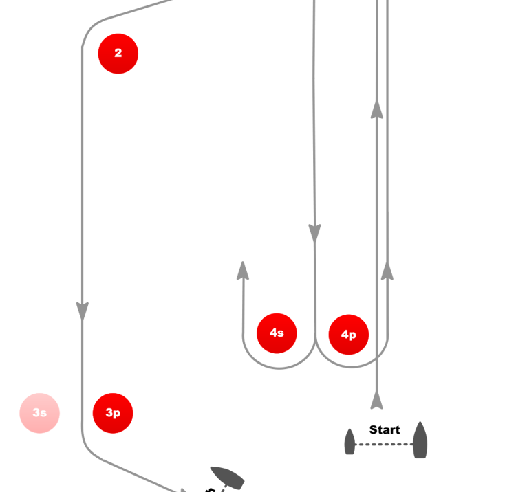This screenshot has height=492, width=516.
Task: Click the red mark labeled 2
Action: tap(118, 53)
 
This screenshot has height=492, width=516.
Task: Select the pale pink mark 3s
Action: tap(40, 413)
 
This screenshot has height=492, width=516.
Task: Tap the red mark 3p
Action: tap(113, 413)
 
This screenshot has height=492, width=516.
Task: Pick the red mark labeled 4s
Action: tap(277, 333)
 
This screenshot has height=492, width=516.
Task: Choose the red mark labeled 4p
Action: tap(349, 335)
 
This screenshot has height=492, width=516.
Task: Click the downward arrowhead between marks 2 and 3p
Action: tap(83, 311)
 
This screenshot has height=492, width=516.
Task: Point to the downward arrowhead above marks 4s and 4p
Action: tap(314, 234)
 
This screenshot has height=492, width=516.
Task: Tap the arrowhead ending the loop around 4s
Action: tap(242, 270)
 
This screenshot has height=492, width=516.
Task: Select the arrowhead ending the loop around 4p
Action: tap(387, 270)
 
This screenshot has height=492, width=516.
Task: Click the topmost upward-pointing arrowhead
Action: tap(376, 109)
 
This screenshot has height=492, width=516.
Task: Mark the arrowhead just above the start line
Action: tap(376, 401)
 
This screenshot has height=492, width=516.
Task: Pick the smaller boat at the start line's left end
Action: tap(350, 442)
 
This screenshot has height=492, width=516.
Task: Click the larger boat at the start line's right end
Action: tap(420, 440)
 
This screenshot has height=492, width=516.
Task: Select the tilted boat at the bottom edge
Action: tap(228, 478)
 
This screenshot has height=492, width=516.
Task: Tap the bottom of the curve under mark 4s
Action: tap(278, 369)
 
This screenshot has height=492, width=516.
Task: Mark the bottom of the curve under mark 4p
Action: tap(351, 368)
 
